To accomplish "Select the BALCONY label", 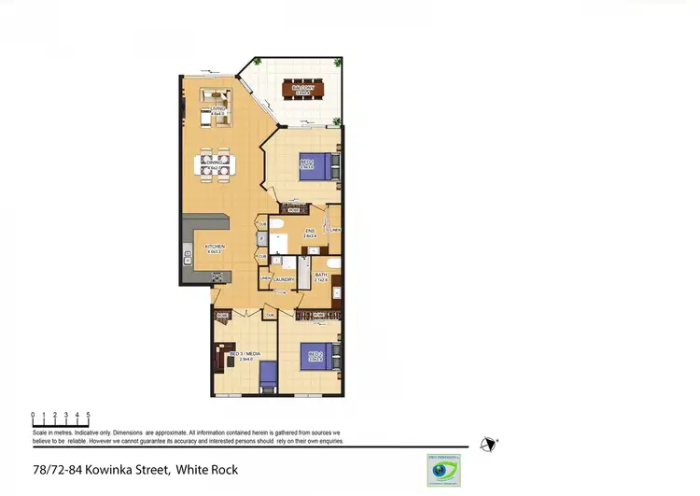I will pyautogui.click(x=301, y=91).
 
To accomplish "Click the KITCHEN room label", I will pyautogui.click(x=216, y=248).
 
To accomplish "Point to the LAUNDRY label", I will pyautogui.click(x=285, y=279).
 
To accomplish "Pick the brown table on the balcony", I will pyautogui.click(x=301, y=91).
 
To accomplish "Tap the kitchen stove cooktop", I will pyautogui.click(x=217, y=276).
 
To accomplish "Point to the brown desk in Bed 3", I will pyautogui.click(x=222, y=355).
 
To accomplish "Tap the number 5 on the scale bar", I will pyautogui.click(x=89, y=413).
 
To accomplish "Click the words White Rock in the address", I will pyautogui.click(x=207, y=469).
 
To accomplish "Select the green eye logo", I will pyautogui.click(x=438, y=471).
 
